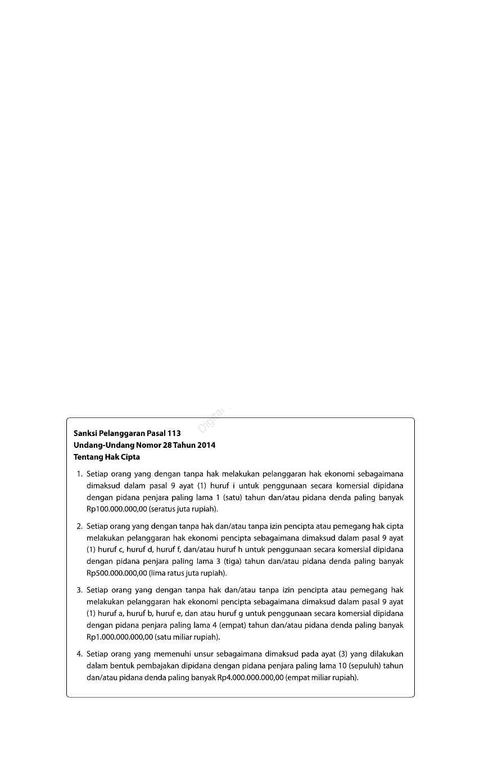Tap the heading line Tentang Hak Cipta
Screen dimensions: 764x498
click(107, 457)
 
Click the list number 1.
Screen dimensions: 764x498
click(79, 474)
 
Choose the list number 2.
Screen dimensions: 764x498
click(79, 527)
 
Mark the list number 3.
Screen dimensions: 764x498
click(79, 590)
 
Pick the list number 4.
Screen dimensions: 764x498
click(79, 654)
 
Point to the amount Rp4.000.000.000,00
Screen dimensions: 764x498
click(251, 677)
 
